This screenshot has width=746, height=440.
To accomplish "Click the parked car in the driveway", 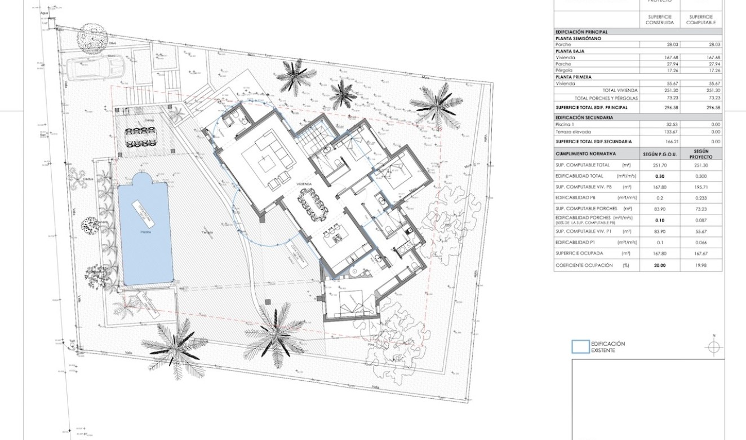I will click(x=94, y=67).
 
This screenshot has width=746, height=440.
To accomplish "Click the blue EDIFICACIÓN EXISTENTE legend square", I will click(x=580, y=347).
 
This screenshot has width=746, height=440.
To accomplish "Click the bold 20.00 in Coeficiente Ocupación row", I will click(x=660, y=265).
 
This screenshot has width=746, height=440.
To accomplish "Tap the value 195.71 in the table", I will click(x=700, y=187).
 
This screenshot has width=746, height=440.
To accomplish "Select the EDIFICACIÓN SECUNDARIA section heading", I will click(x=584, y=118).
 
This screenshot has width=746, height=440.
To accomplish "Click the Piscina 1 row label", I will click(x=566, y=125).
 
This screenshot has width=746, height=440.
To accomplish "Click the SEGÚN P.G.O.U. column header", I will click(x=660, y=154).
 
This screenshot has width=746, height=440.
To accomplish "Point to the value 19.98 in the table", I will click(x=700, y=265).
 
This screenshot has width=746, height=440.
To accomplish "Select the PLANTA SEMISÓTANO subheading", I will click(x=578, y=38).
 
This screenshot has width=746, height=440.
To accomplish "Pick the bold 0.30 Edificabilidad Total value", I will click(x=660, y=176).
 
